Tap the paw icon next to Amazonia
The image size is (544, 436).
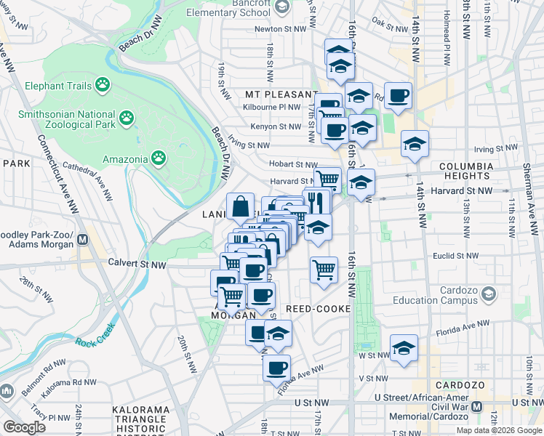point(159,158)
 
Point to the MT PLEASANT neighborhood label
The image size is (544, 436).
point(273,95)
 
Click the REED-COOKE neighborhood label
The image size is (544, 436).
point(319,309)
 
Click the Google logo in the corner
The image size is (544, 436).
point(24,427)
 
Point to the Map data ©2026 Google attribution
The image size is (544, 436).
point(499,430)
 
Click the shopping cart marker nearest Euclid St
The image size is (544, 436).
point(324,269)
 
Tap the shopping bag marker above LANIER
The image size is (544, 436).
point(240,206)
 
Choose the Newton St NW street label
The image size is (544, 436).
point(277,30)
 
